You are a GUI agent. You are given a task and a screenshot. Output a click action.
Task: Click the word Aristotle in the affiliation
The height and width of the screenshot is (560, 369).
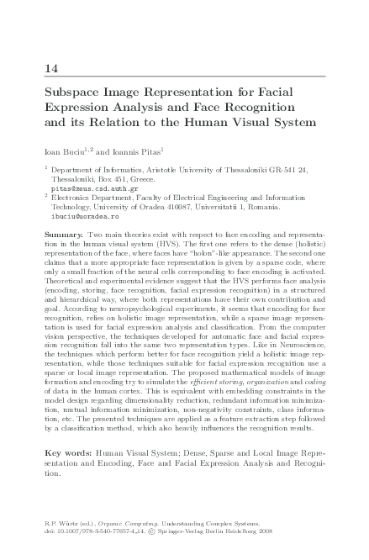coord(171,169)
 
